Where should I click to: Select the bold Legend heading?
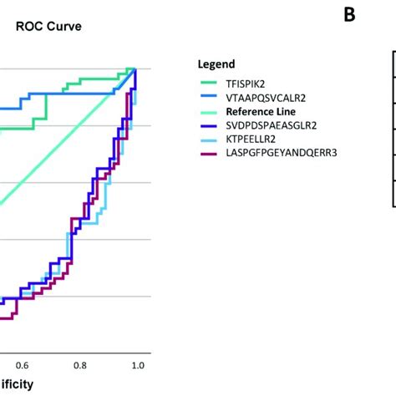216,63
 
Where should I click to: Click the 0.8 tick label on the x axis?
79,365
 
